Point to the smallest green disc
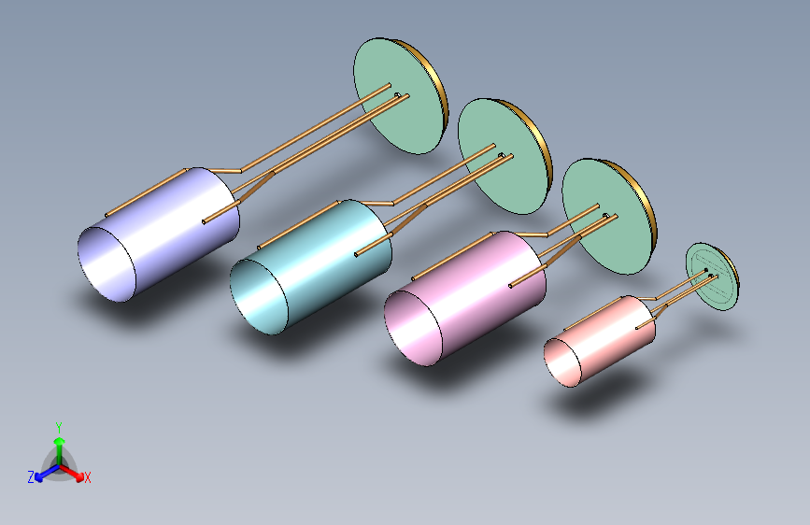(x=711, y=277)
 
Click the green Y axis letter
(x=59, y=428)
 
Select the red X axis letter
(x=87, y=477)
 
